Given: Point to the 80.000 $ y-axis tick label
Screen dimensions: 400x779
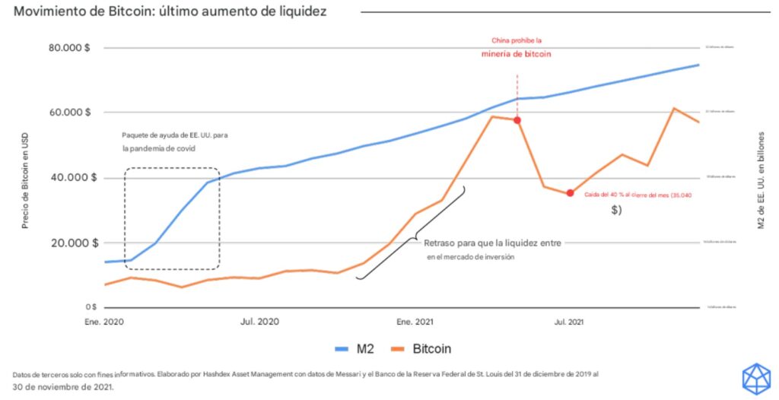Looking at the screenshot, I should coord(71,47).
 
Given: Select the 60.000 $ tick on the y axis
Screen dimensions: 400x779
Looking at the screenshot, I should coord(71,113).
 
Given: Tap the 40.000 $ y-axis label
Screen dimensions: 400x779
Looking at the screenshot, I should coord(71,178).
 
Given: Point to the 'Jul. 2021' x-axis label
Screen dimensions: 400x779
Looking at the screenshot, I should coord(569,322).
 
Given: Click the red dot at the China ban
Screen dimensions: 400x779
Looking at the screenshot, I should coord(517,120).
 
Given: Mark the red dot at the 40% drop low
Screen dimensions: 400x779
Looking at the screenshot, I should coord(570,193).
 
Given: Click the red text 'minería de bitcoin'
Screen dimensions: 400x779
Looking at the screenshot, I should coord(517,54).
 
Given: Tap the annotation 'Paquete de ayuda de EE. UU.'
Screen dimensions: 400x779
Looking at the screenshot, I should coord(174,135).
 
